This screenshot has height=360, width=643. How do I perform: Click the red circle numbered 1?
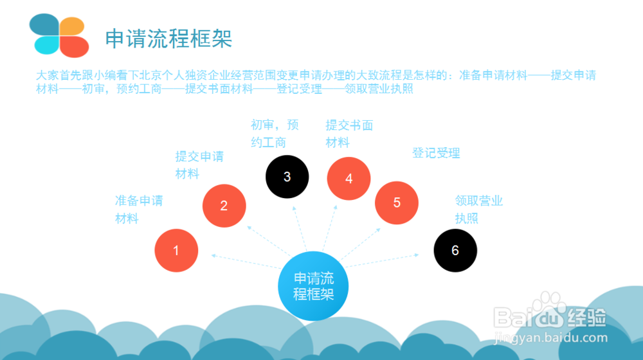tap(176, 250)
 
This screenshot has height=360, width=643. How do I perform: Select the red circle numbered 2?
tap(224, 206)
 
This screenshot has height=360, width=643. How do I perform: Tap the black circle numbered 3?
tap(287, 177)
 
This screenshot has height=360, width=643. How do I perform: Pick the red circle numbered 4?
tap(349, 179)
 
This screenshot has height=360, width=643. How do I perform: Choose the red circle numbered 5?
tap(397, 203)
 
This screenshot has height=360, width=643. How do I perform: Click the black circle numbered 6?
tap(455, 250)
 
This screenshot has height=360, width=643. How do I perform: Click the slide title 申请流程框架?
tap(168, 39)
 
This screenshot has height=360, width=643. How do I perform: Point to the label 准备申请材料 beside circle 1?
tap(139, 210)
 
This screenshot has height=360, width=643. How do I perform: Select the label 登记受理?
tap(436, 154)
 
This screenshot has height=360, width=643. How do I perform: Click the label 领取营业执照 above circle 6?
tap(478, 210)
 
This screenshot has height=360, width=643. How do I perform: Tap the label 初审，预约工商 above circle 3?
tap(275, 133)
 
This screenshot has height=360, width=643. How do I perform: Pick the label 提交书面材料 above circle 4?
tap(349, 134)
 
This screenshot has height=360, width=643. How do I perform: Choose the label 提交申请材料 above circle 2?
tap(199, 165)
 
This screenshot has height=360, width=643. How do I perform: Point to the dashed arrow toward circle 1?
tap(244, 262)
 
